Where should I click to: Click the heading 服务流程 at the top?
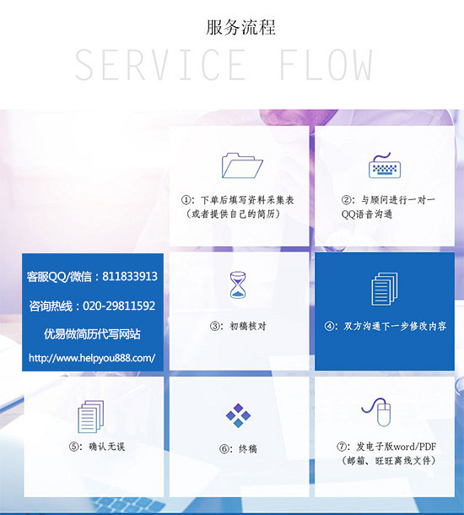pos(240,27)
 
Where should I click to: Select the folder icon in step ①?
pos(242,165)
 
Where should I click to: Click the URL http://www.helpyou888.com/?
pos(92,358)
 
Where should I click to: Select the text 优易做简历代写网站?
pos(92,334)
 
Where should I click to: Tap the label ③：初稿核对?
pos(238,326)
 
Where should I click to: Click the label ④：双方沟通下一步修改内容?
pos(386,326)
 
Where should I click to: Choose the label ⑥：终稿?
pos(238,449)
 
